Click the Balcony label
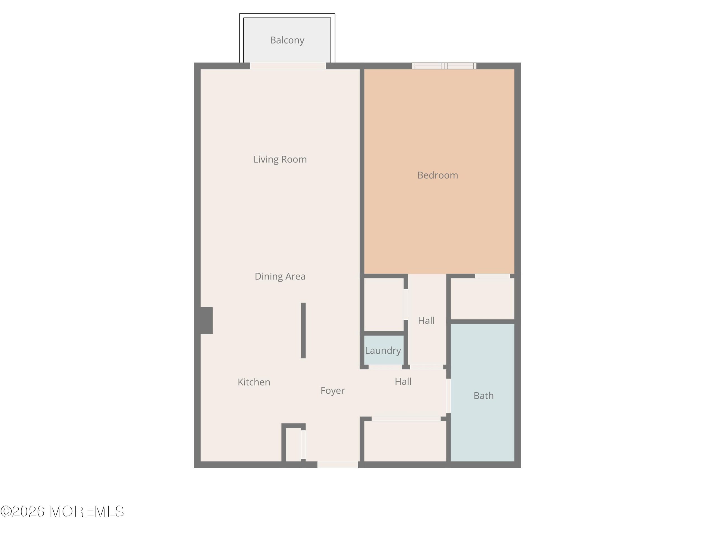point(287,40)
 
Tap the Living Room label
point(280,159)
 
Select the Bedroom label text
point(438,175)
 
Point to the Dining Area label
point(280,276)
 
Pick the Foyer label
point(333,391)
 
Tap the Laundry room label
point(383,351)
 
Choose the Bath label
point(483,396)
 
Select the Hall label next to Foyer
point(403,382)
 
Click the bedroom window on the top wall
point(444,66)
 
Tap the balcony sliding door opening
point(288,66)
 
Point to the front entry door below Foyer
point(338,465)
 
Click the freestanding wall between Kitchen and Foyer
point(303,331)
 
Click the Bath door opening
point(449,396)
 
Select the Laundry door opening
point(385,367)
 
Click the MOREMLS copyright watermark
point(62,511)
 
